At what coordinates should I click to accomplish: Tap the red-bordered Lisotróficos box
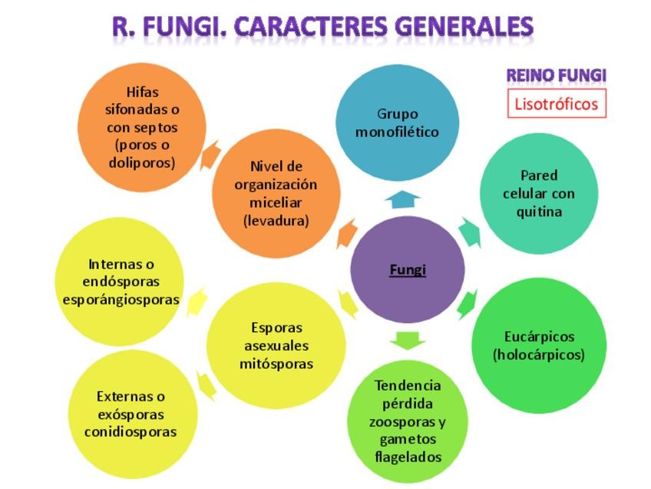coord(557,104)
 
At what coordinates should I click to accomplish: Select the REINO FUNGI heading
coord(556,75)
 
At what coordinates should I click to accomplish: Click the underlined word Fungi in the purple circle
coord(407,270)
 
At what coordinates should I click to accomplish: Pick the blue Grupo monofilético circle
coord(397,123)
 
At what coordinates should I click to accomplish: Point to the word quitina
coord(539,211)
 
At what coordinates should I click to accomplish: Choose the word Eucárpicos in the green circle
coord(539,337)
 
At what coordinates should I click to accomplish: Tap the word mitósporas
coord(276,364)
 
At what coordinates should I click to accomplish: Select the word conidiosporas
coord(131,431)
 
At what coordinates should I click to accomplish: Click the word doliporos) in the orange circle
coord(142,163)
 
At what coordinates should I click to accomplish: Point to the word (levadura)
coord(276,221)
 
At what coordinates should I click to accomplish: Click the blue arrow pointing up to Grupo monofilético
coord(402,200)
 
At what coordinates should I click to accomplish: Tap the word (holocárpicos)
coord(539,355)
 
